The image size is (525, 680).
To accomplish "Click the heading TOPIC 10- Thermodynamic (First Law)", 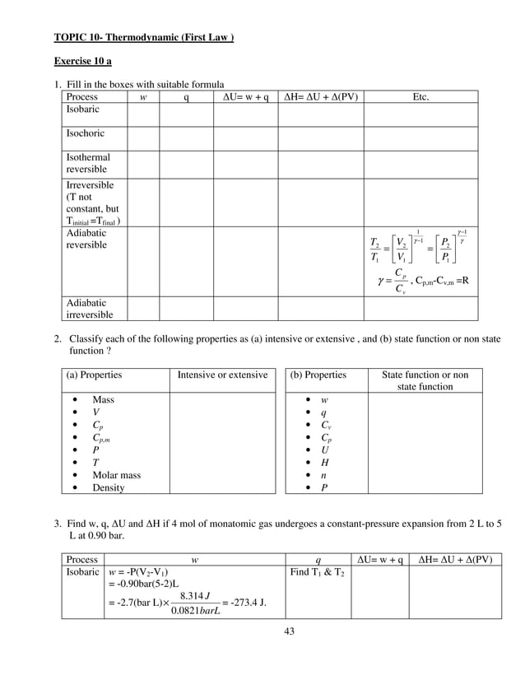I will click(x=144, y=37).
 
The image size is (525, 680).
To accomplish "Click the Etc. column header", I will click(x=420, y=96).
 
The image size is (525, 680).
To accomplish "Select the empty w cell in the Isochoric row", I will click(x=144, y=137).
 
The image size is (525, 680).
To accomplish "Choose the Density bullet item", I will click(x=109, y=488).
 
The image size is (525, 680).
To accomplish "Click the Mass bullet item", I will click(x=103, y=398).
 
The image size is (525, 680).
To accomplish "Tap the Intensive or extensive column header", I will click(x=222, y=375).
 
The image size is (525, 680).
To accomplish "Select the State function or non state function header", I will click(x=425, y=380).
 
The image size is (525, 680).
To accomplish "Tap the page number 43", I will click(x=288, y=631).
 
